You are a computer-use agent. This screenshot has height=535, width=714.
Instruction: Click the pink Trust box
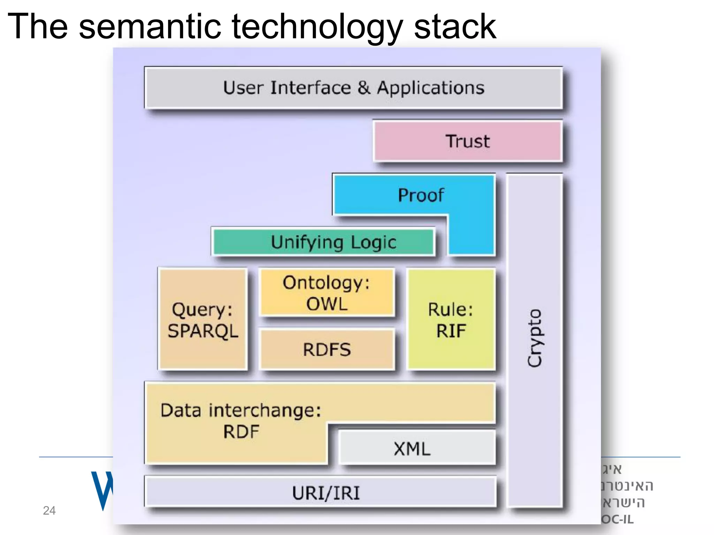(x=468, y=141)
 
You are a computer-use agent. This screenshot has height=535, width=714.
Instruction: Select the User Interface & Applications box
(x=353, y=88)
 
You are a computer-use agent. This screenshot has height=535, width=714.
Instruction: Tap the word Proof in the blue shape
(x=421, y=195)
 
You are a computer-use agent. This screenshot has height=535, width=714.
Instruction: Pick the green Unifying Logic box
(x=323, y=242)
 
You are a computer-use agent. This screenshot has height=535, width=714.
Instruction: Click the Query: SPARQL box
(x=203, y=319)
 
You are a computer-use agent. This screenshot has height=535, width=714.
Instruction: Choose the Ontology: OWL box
(x=327, y=293)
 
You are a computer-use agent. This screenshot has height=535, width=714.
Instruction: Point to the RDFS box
(x=327, y=349)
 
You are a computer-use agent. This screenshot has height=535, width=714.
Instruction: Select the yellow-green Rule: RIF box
(x=451, y=319)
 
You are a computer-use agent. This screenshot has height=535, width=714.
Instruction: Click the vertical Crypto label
(x=534, y=338)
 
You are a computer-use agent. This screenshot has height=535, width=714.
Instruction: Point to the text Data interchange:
(x=241, y=410)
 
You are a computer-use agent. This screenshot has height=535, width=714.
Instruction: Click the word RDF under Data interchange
(x=241, y=432)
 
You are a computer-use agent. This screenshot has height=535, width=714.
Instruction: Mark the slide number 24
(x=49, y=511)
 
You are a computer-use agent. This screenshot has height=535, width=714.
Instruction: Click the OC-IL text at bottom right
(x=617, y=519)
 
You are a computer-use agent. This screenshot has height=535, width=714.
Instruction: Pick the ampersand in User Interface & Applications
(x=364, y=88)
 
